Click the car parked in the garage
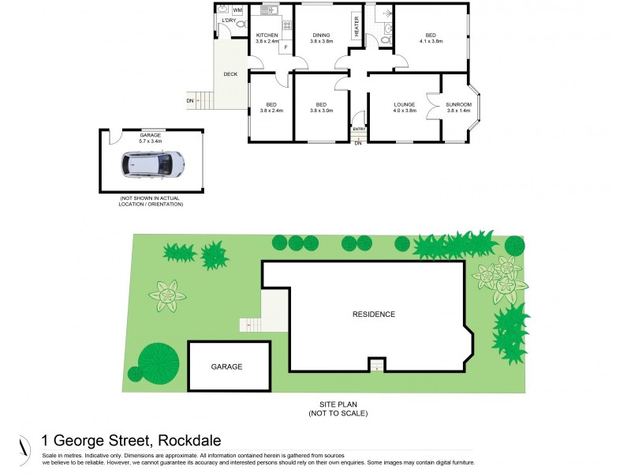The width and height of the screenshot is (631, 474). tap(153, 164)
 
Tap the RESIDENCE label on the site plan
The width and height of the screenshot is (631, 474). tap(373, 314)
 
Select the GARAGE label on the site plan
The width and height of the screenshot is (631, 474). tap(226, 367)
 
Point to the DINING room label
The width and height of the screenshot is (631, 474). tap(321, 36)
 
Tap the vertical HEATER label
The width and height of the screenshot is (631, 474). tap(357, 27)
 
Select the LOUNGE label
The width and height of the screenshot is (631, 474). tap(404, 104)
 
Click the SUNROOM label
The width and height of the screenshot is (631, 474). tap(458, 104)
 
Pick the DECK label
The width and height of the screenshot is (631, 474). tap(230, 74)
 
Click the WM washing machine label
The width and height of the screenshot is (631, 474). tap(237, 10)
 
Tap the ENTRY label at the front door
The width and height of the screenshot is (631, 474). tap(359, 129)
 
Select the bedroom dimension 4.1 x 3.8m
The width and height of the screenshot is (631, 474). tap(430, 42)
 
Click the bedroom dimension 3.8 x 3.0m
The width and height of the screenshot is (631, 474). tap(321, 111)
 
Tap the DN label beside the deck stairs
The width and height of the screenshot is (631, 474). tap(190, 101)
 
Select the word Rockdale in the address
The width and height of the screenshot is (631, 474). tap(189, 441)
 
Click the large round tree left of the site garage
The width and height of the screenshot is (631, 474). tap(157, 362)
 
